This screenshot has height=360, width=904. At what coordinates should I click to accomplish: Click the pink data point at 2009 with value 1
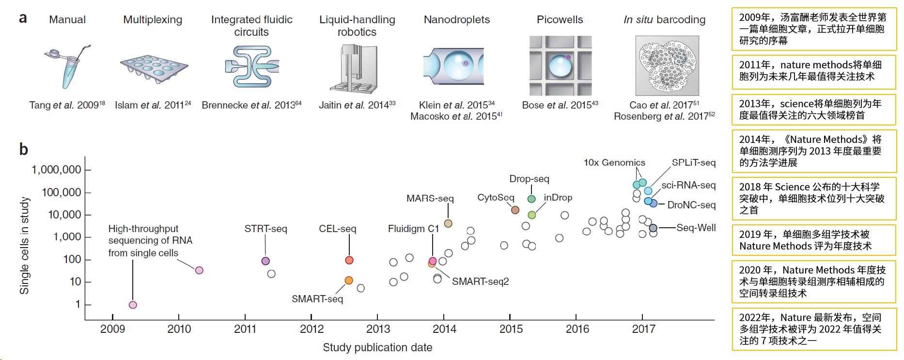pyautogui.click(x=133, y=305)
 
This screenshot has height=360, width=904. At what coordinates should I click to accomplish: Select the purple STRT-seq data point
pyautogui.click(x=265, y=261)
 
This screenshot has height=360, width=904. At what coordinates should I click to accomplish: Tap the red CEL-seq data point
pyautogui.click(x=349, y=260)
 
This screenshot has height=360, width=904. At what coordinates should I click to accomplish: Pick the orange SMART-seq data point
pyautogui.click(x=349, y=280)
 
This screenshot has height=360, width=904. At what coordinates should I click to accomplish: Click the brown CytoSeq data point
pyautogui.click(x=515, y=210)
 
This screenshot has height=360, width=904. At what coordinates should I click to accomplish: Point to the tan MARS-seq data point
pyautogui.click(x=448, y=223)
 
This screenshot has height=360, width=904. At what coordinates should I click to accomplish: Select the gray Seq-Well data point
pyautogui.click(x=653, y=228)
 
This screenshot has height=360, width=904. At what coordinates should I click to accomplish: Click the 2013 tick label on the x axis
pyautogui.click(x=378, y=329)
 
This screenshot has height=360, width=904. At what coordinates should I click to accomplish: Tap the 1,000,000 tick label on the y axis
pyautogui.click(x=56, y=170)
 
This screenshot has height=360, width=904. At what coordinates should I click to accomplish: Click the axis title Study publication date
pyautogui.click(x=377, y=347)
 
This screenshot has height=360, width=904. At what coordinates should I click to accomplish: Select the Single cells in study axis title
pyautogui.click(x=24, y=245)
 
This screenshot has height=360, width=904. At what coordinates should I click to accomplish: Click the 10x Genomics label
pyautogui.click(x=614, y=163)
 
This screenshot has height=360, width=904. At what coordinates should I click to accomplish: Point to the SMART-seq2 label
pyautogui.click(x=480, y=282)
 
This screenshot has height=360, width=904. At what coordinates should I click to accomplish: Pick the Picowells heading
pyautogui.click(x=560, y=20)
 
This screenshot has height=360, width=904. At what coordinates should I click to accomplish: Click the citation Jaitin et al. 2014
pyautogui.click(x=357, y=105)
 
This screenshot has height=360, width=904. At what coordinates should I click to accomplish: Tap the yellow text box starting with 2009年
pyautogui.click(x=813, y=29)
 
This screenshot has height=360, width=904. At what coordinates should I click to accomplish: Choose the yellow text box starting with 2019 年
pyautogui.click(x=813, y=240)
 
